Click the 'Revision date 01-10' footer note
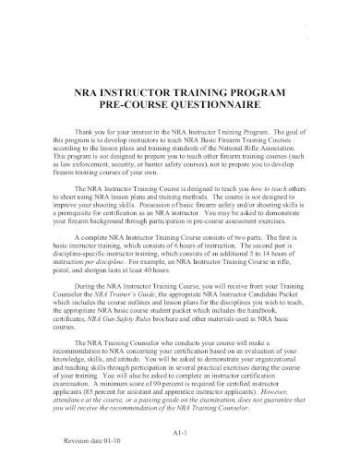coord(87,440)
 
